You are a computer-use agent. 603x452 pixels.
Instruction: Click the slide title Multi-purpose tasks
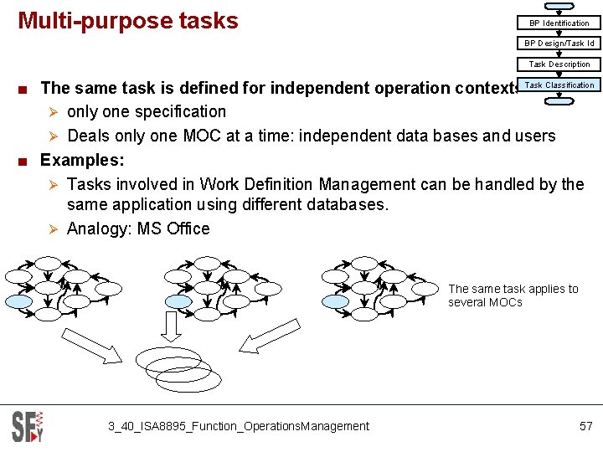click(128, 21)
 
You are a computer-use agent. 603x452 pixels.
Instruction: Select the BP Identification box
click(559, 23)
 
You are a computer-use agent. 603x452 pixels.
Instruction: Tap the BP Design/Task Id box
click(559, 43)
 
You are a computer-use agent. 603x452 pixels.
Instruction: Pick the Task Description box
click(559, 64)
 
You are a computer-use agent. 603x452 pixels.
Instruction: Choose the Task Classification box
click(559, 85)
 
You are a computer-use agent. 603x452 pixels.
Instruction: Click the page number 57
click(585, 426)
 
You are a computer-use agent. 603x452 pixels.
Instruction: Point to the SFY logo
click(27, 426)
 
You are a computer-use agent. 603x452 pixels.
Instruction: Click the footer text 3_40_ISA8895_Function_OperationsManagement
click(238, 426)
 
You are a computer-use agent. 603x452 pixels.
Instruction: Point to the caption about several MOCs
click(513, 295)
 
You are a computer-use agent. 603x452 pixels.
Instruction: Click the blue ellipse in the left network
click(19, 301)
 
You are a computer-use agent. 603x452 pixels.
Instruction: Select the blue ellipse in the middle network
click(178, 301)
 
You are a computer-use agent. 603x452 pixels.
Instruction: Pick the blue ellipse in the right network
click(335, 301)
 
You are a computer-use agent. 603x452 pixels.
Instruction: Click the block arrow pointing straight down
click(171, 326)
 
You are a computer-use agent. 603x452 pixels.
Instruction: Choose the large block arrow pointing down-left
click(267, 336)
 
